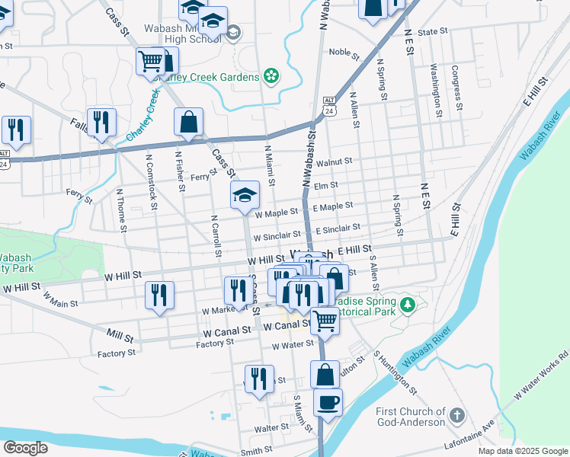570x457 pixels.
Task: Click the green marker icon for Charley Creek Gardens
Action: (x=271, y=76)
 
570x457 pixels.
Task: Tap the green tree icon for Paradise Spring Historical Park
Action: (x=408, y=305)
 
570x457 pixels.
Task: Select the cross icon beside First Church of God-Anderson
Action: (x=456, y=416)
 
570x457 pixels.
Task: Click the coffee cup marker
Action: (x=328, y=402)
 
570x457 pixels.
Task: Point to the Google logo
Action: (x=25, y=448)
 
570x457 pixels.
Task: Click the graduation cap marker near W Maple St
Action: (x=245, y=195)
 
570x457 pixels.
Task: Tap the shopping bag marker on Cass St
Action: (x=188, y=122)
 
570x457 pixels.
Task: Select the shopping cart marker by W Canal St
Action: (x=325, y=321)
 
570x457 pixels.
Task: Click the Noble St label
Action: (x=344, y=53)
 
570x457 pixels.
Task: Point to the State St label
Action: (x=431, y=32)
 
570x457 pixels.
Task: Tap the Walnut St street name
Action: (x=335, y=161)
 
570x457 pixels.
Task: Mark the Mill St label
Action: (x=120, y=334)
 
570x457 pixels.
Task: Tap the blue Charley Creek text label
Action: (x=142, y=115)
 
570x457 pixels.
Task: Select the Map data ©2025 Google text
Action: (x=522, y=451)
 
